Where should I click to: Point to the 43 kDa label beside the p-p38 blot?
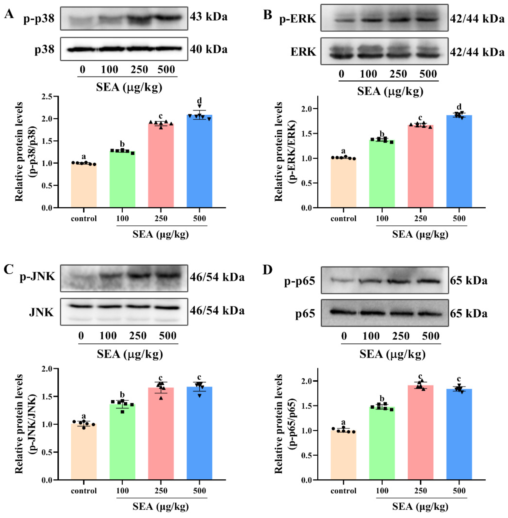[x=209, y=17]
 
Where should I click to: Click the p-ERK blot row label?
[x=297, y=19]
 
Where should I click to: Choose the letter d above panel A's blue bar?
[x=199, y=101]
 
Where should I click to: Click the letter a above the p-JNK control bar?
[x=83, y=416]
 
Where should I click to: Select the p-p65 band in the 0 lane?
[x=338, y=280]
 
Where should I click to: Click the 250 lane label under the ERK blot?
[x=398, y=74]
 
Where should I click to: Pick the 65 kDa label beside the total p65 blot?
[x=468, y=313]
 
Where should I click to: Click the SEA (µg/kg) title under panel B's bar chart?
[x=420, y=234]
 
